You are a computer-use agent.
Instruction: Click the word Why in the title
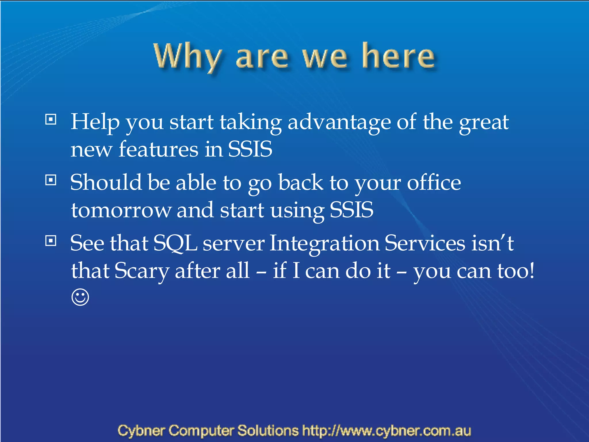click(x=188, y=56)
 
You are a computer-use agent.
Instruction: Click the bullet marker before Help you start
click(x=51, y=119)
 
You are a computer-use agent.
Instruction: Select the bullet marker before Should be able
click(x=51, y=180)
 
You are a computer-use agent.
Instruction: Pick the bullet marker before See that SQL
click(x=51, y=241)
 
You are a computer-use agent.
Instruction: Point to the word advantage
click(x=339, y=122)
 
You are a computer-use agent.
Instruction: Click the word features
click(x=158, y=149)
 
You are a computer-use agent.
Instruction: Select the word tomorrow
click(x=121, y=210)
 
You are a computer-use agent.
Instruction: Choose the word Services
click(x=425, y=243)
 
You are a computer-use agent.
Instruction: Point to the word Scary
click(x=142, y=271)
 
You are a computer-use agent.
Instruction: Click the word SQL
click(x=175, y=243)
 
